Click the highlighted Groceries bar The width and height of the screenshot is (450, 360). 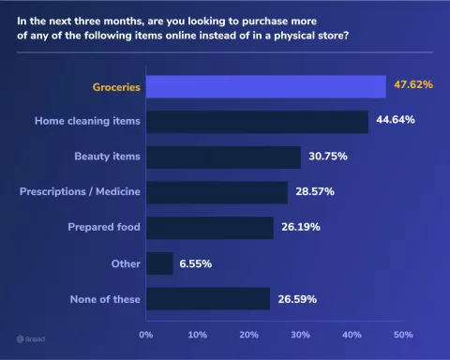click(x=266, y=86)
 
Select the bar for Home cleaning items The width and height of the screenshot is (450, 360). click(x=257, y=122)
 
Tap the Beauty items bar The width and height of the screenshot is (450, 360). click(x=223, y=157)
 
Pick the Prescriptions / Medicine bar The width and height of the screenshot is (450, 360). click(x=217, y=192)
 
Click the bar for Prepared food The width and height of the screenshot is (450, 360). click(x=210, y=228)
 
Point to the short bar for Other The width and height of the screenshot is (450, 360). click(x=160, y=263)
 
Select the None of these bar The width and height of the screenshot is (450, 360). click(x=208, y=299)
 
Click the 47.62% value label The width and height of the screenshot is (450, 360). click(x=412, y=85)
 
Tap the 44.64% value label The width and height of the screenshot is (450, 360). click(x=395, y=121)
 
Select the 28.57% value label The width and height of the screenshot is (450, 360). click(x=315, y=192)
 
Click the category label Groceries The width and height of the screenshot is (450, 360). click(x=116, y=86)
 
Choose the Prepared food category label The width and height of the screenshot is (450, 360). click(x=104, y=228)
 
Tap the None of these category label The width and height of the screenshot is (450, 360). click(x=105, y=299)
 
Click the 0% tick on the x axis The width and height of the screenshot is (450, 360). click(x=146, y=334)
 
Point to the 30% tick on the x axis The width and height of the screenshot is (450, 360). click(x=300, y=334)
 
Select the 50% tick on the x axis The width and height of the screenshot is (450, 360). click(x=402, y=334)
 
